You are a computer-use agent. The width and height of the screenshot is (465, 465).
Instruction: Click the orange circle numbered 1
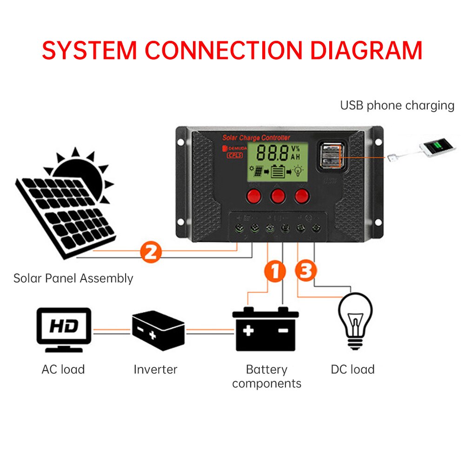[274, 272]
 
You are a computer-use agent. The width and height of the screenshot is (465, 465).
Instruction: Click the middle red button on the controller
[278, 195]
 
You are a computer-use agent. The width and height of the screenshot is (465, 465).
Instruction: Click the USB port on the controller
[330, 156]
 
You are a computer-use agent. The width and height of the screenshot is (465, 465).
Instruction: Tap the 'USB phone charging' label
[397, 105]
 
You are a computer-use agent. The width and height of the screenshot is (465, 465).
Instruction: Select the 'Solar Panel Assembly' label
[73, 279]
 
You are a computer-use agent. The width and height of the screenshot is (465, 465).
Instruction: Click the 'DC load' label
[352, 370]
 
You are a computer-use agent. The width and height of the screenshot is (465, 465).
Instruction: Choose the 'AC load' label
[63, 370]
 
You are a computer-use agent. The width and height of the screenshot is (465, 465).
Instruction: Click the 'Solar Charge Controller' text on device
[256, 138]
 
